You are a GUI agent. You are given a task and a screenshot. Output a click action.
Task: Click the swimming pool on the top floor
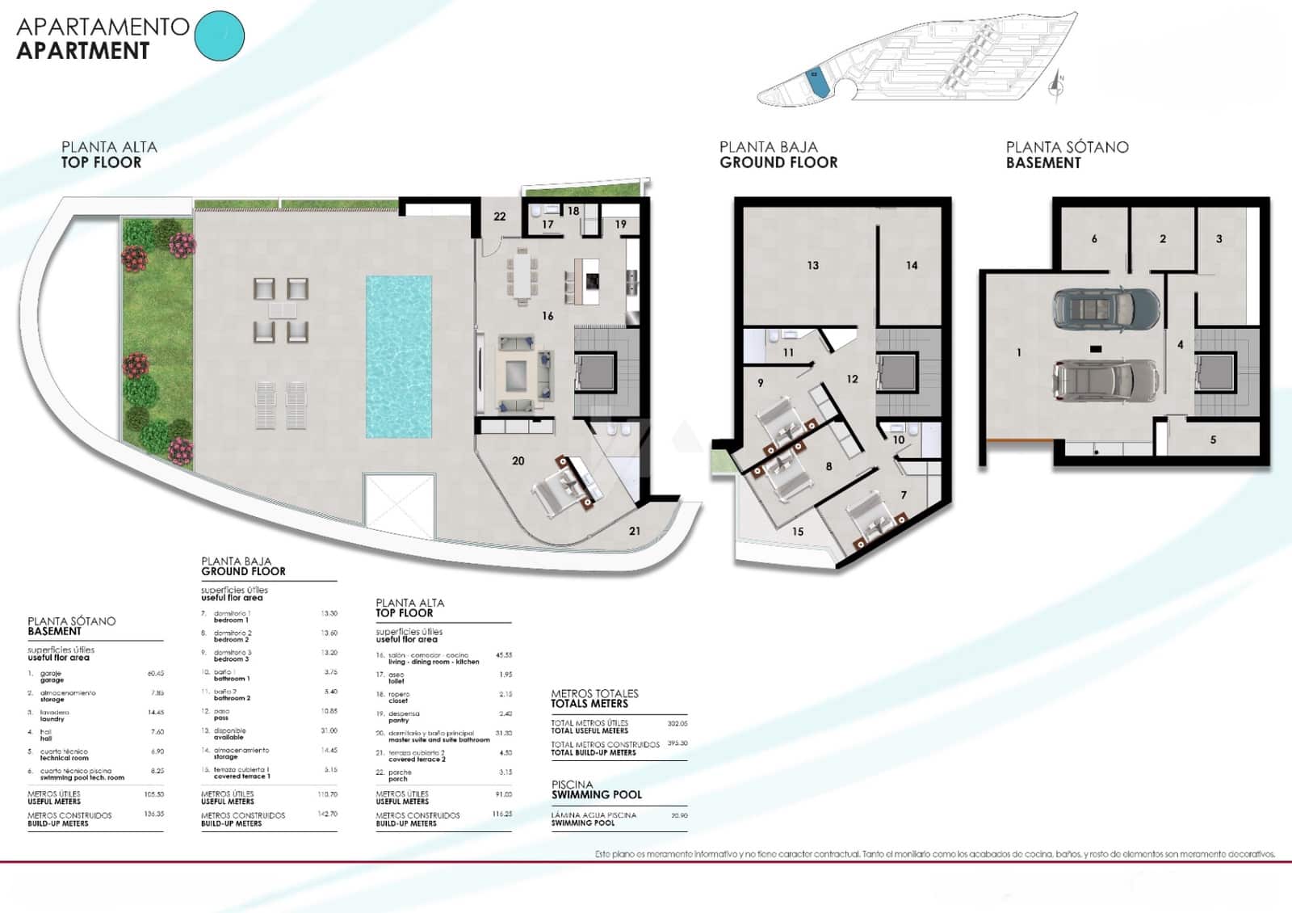398,356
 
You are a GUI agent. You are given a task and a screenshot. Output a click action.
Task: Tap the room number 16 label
547,316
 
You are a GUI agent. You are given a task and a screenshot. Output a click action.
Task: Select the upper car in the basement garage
1105,307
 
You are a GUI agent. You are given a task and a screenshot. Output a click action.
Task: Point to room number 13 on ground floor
812,265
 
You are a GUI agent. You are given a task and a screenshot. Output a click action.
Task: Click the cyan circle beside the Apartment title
220,36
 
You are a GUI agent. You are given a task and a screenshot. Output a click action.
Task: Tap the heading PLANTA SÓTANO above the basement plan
1067,147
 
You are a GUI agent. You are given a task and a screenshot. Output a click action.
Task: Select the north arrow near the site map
1057,84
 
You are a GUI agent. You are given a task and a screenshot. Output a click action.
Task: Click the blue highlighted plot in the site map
816,83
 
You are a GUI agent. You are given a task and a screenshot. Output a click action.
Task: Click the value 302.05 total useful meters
677,724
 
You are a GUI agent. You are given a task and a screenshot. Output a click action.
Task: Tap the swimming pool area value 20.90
679,816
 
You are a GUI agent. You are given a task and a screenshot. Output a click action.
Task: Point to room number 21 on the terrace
635,531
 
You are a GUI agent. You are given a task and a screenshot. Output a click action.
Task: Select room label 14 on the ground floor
912,265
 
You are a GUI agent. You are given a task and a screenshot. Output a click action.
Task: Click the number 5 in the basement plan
1213,440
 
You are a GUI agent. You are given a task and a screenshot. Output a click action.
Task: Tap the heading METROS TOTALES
594,693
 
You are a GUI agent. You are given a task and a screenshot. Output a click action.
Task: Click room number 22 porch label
500,217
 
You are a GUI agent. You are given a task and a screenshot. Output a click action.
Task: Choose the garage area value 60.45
155,673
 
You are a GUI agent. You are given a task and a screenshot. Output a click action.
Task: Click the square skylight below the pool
400,506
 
